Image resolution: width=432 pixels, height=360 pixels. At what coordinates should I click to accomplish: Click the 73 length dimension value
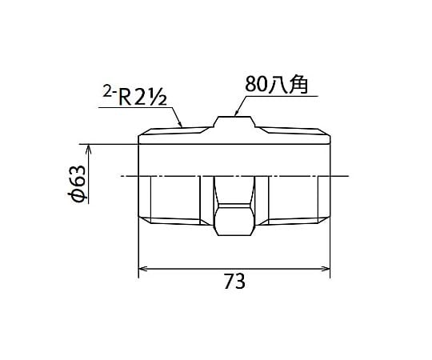234,282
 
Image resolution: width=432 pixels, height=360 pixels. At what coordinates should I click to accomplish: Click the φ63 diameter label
76,183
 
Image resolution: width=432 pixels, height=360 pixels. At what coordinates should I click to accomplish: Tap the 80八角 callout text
276,84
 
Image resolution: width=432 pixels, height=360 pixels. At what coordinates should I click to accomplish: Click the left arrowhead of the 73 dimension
142,269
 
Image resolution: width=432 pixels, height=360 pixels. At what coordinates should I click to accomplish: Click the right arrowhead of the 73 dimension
326,269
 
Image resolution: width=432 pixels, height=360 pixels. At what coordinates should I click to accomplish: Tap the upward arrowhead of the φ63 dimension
89,149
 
